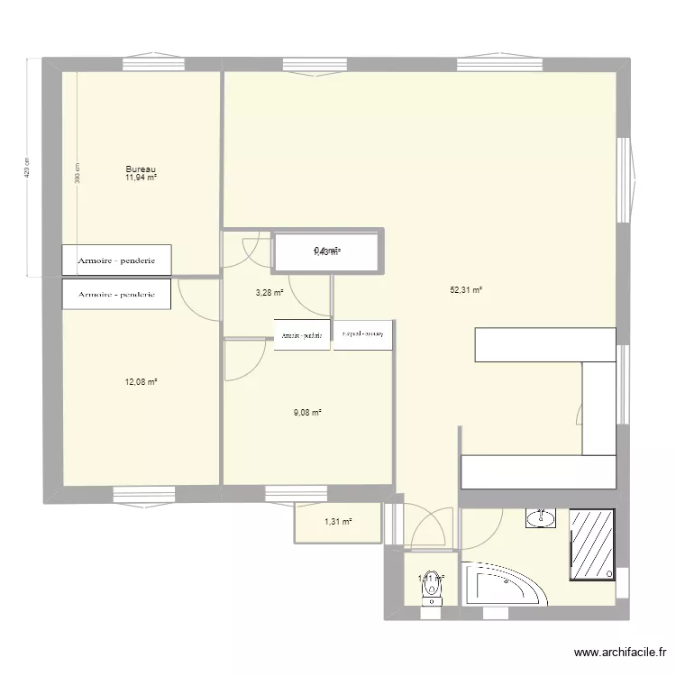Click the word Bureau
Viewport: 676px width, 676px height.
pos(142,169)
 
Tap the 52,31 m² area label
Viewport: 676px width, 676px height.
pos(466,290)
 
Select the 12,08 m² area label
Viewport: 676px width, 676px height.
pos(142,382)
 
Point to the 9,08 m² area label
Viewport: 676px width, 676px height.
pos(306,413)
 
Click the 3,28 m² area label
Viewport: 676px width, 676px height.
pos(269,292)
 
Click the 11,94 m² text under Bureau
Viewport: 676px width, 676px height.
pos(142,178)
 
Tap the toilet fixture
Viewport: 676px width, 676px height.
pos(432,590)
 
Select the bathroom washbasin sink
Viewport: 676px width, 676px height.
pos(542,518)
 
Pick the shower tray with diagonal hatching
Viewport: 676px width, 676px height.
pos(591,545)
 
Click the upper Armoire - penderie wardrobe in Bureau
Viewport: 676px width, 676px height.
pos(116,260)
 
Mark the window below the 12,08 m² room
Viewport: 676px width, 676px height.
pos(142,495)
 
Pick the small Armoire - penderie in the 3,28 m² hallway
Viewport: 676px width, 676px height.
pos(302,334)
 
